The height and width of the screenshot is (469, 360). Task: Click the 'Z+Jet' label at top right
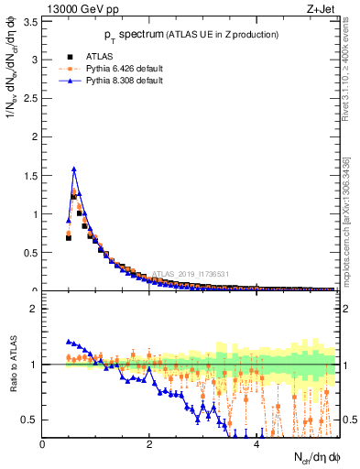pyautogui.click(x=322, y=10)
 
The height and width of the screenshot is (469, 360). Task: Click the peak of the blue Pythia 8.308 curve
pyautogui.click(x=73, y=169)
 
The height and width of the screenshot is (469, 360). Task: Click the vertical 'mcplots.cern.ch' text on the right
pyautogui.click(x=351, y=211)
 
